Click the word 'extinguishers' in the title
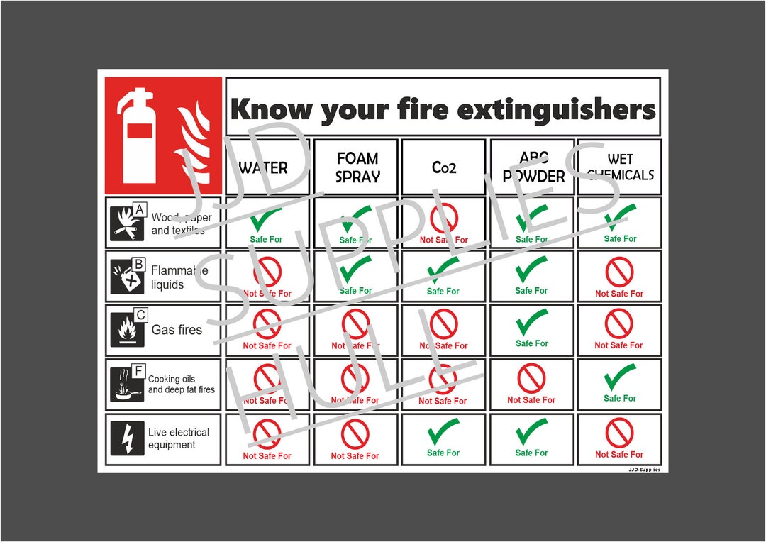click(x=557, y=111)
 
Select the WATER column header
click(x=263, y=168)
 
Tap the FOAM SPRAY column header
click(x=357, y=167)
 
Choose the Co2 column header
click(x=444, y=167)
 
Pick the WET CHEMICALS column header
click(x=620, y=167)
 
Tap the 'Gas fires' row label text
click(x=177, y=330)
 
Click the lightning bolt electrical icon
click(x=128, y=438)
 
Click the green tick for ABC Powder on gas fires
click(x=531, y=323)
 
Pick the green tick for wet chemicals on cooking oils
click(x=620, y=377)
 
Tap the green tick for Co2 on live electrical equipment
click(x=443, y=431)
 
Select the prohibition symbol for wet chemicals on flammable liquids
click(x=619, y=272)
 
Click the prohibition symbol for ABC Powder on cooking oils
click(x=531, y=378)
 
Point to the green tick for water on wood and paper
click(x=266, y=219)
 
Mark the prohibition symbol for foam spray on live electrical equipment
click(x=355, y=433)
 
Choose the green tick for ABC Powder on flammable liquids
click(x=531, y=270)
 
